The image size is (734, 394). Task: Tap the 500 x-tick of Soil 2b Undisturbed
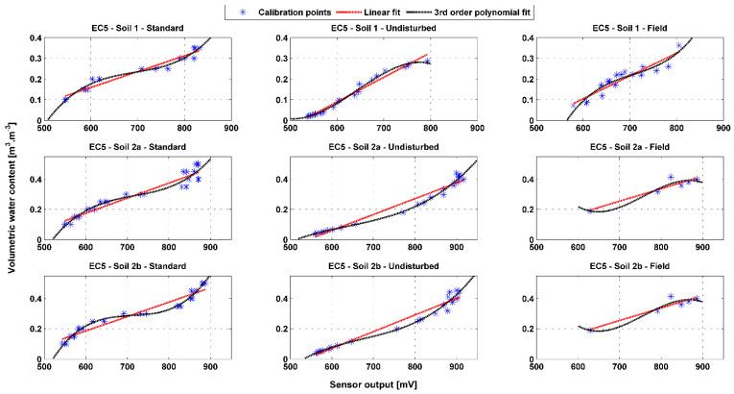(x=290, y=366)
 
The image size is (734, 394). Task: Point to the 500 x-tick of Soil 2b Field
(x=536, y=366)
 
